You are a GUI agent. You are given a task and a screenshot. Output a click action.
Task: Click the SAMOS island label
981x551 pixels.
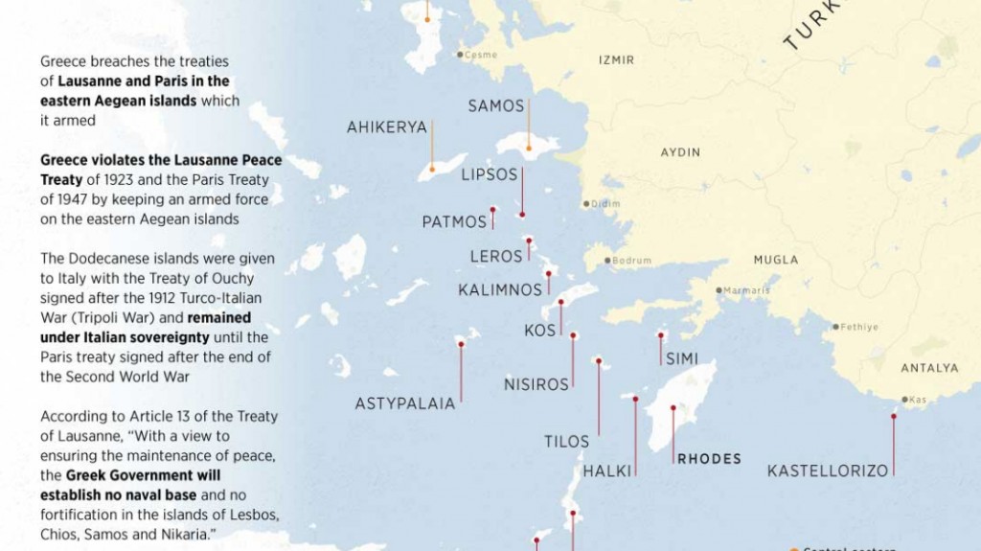click(x=496, y=106)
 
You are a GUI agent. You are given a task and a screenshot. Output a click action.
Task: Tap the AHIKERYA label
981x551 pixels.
click(x=386, y=127)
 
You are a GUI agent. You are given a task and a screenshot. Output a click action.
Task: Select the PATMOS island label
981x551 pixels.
click(x=454, y=222)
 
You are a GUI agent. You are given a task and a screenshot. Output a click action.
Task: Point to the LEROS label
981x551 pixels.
click(x=496, y=257)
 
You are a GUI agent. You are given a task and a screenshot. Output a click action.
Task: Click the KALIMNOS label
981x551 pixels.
click(x=500, y=290)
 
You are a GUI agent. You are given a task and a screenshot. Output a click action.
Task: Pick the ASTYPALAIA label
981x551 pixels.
click(x=405, y=404)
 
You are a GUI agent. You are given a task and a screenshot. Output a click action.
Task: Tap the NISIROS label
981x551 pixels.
click(x=536, y=385)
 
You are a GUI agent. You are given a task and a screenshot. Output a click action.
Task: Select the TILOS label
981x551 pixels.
click(x=567, y=442)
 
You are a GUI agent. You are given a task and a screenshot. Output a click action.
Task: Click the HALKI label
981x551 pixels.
click(x=607, y=471)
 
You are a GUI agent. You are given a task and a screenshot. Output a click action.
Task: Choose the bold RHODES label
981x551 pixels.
click(x=709, y=459)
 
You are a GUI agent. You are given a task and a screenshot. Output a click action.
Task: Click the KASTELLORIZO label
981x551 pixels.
click(x=828, y=471)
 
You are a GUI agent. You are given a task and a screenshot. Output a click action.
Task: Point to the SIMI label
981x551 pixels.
click(x=682, y=359)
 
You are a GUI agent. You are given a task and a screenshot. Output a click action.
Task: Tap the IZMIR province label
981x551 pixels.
click(x=616, y=60)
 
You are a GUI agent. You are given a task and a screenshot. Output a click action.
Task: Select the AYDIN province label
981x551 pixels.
click(x=680, y=152)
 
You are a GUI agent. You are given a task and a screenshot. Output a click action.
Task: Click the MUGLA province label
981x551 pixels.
click(x=775, y=260)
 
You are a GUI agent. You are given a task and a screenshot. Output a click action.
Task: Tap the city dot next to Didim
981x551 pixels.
click(x=586, y=203)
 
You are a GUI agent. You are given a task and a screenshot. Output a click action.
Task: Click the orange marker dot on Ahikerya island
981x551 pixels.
click(x=431, y=170)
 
